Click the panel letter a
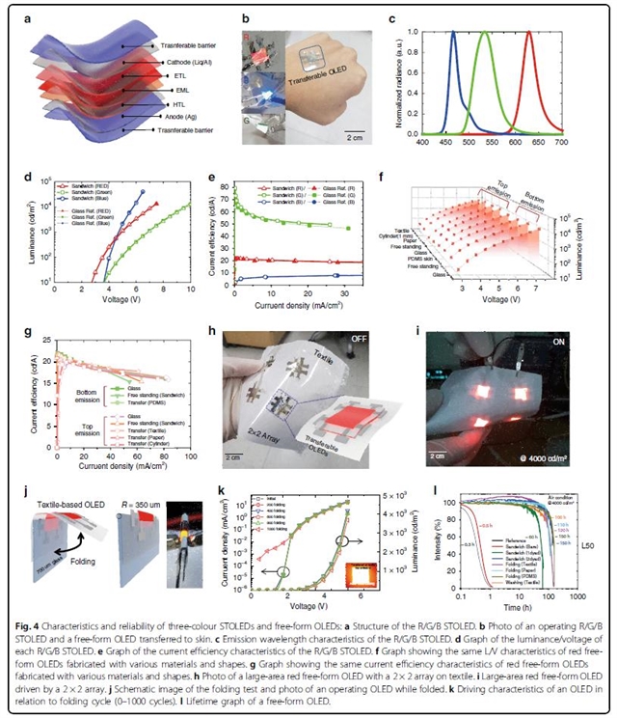click(36, 18)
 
